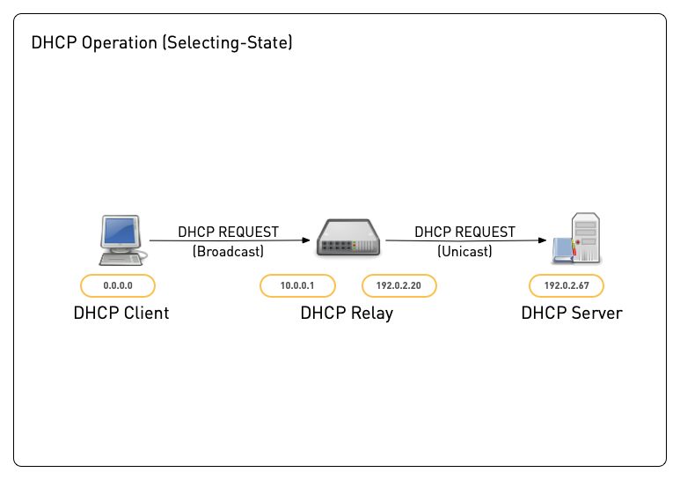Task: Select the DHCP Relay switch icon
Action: click(x=347, y=238)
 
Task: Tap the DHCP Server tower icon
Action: click(x=581, y=238)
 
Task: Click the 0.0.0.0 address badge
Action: click(x=118, y=285)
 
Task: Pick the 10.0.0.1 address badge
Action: click(x=297, y=285)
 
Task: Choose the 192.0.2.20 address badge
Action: click(x=399, y=285)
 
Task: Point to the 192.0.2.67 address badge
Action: click(x=567, y=285)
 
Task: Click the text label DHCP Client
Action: click(x=121, y=313)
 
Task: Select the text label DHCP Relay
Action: click(x=347, y=313)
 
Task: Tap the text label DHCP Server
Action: click(x=571, y=313)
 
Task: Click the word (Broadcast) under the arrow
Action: click(x=228, y=251)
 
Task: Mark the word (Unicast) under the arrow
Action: click(x=464, y=251)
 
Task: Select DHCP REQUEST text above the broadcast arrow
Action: click(x=228, y=232)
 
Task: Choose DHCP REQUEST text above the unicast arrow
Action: click(x=464, y=232)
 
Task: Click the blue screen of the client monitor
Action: click(x=121, y=232)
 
